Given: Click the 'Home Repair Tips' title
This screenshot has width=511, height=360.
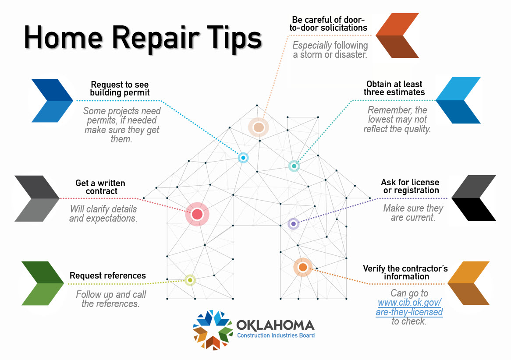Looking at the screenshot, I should point(143,38).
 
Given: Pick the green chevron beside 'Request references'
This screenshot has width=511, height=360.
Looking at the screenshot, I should point(43,283).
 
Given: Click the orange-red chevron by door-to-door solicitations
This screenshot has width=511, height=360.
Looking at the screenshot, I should point(398,35).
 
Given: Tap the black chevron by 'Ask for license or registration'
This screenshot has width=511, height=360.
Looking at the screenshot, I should point(474,198).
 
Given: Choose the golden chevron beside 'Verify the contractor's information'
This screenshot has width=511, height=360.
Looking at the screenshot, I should point(468,283).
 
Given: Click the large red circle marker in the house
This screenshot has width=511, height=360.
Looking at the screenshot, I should point(197,214).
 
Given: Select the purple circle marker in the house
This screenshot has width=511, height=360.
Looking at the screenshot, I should point(293,224).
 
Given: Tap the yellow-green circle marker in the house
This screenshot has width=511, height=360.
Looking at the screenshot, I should point(190,280).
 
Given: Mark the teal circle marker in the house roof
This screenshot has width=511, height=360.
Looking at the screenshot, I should point(294,166).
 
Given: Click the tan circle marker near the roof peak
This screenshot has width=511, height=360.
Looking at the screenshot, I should point(258,127).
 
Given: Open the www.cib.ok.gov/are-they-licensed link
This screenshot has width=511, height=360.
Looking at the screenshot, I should point(409,307).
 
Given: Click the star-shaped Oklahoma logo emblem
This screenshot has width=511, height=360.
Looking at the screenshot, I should point(213,330).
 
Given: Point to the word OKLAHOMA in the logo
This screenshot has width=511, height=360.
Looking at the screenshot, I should point(276,325).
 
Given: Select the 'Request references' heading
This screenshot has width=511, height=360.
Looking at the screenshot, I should point(108,275).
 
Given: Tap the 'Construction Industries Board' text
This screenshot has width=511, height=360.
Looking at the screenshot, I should point(276,335).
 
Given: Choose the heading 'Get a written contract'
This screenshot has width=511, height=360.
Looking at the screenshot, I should point(100,187).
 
